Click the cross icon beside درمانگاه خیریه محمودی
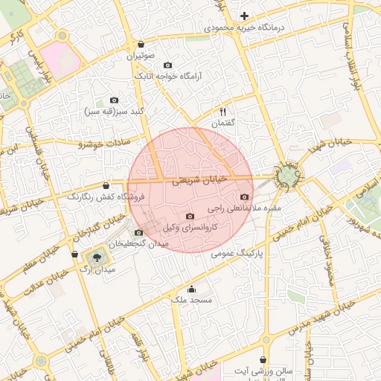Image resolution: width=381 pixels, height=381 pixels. (x=244, y=16)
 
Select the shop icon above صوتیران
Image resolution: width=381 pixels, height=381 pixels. (x=140, y=44)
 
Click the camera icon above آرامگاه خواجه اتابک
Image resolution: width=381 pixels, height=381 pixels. (x=167, y=65)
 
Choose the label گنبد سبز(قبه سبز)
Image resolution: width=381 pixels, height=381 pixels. (x=114, y=112)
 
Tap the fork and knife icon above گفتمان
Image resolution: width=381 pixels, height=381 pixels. (x=222, y=111)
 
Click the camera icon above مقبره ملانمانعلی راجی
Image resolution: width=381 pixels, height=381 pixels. (x=244, y=196)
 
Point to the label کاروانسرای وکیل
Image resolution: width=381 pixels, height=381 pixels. (x=190, y=227)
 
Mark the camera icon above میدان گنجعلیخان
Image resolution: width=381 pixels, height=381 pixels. (x=138, y=232)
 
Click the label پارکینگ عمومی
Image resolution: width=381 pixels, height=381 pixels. (x=238, y=253)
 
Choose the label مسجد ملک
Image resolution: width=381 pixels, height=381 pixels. (x=191, y=300)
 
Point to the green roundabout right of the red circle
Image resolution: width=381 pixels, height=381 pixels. (x=287, y=176)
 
